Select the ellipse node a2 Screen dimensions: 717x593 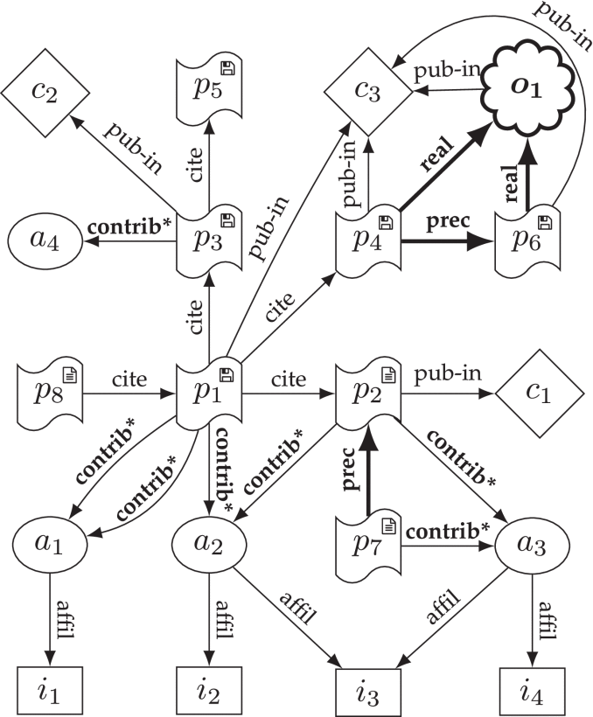pos(208,545)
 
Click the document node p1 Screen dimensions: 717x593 pos(208,393)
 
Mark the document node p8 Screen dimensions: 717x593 pos(49,393)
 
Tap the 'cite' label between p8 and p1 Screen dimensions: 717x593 pos(129,380)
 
